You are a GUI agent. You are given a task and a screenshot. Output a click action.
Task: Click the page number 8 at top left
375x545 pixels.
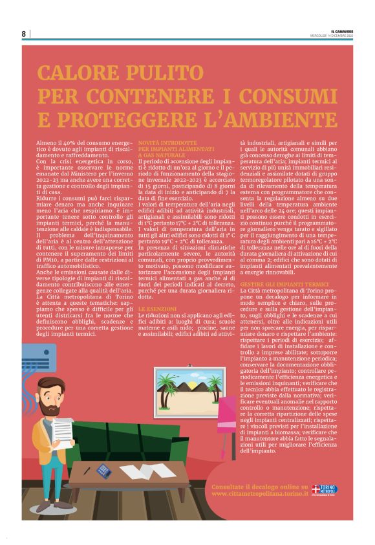pyautogui.click(x=24, y=34)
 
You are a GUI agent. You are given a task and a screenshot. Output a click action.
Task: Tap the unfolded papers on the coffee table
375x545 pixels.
pyautogui.click(x=146, y=471)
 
